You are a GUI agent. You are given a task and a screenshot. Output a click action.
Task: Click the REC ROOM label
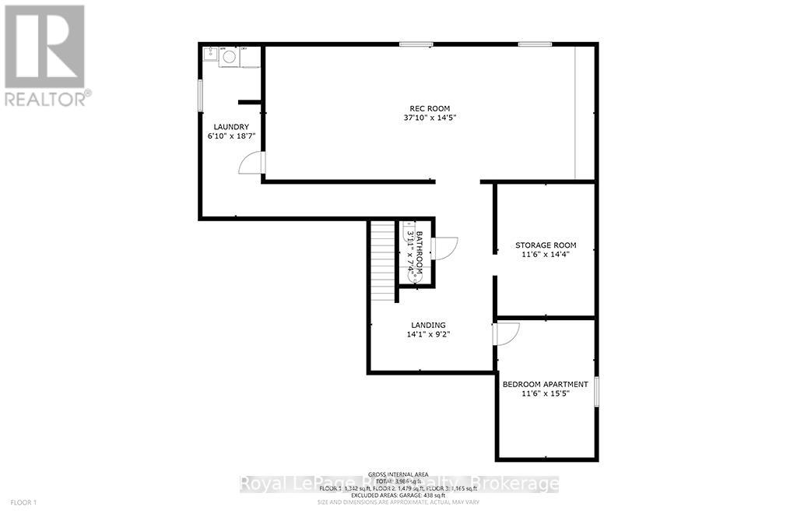[x=430, y=108]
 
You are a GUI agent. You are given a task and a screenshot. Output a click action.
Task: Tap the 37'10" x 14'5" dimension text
[x=430, y=118]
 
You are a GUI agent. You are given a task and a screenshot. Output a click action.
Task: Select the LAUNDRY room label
[x=231, y=127]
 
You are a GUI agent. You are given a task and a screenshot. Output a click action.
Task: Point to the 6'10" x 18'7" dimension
[x=231, y=136]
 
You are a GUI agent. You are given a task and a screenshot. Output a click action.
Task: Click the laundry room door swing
[x=253, y=162]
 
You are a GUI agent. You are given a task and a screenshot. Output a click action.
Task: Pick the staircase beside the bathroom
[x=383, y=261]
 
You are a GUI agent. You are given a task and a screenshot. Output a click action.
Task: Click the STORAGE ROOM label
[x=546, y=245]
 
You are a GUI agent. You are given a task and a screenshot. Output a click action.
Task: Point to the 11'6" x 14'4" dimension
[x=546, y=254]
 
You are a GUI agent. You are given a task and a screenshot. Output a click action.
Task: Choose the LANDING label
[x=428, y=325]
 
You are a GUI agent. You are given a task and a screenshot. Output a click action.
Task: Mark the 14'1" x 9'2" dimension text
[x=428, y=334]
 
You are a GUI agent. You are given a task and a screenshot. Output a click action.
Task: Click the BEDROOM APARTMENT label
[x=546, y=384]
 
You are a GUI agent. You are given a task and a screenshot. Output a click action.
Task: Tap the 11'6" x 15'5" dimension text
[x=546, y=393]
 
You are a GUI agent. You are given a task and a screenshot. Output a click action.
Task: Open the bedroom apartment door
[x=506, y=333]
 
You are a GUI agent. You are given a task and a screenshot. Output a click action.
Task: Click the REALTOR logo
[x=44, y=55]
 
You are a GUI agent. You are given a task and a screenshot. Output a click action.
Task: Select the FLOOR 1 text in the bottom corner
[x=23, y=502]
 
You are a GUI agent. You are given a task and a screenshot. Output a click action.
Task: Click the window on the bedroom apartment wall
[x=596, y=391]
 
